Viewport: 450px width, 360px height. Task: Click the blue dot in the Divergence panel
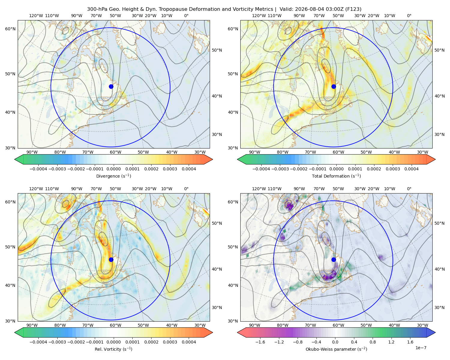pyautogui.click(x=111, y=86)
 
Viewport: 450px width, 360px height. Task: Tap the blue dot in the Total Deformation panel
pyautogui.click(x=334, y=86)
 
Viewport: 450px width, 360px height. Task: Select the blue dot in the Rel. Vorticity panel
pyautogui.click(x=111, y=259)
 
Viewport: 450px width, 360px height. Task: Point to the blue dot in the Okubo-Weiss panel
pyautogui.click(x=334, y=259)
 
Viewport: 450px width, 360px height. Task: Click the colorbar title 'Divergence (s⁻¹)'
pyautogui.click(x=113, y=176)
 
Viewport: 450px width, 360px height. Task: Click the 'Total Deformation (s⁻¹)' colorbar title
pyautogui.click(x=336, y=176)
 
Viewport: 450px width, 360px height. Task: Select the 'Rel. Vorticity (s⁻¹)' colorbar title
pyautogui.click(x=113, y=349)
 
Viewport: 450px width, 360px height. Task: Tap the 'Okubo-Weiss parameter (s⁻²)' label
pyautogui.click(x=336, y=349)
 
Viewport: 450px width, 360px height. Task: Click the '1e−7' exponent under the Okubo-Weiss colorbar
pyautogui.click(x=421, y=348)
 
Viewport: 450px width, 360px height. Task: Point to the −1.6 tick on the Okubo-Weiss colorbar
pyautogui.click(x=260, y=342)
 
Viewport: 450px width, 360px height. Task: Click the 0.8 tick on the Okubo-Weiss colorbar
pyautogui.click(x=373, y=342)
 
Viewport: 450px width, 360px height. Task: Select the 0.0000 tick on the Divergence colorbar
pyautogui.click(x=113, y=169)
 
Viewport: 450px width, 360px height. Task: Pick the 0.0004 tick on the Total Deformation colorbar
pyautogui.click(x=411, y=169)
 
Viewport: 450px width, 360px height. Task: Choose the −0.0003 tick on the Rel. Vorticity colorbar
pyautogui.click(x=57, y=342)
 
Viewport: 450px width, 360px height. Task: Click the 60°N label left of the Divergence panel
pyautogui.click(x=10, y=29)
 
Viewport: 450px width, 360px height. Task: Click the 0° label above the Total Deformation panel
pyautogui.click(x=409, y=16)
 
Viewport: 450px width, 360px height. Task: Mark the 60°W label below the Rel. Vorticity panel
pyautogui.click(x=115, y=325)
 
